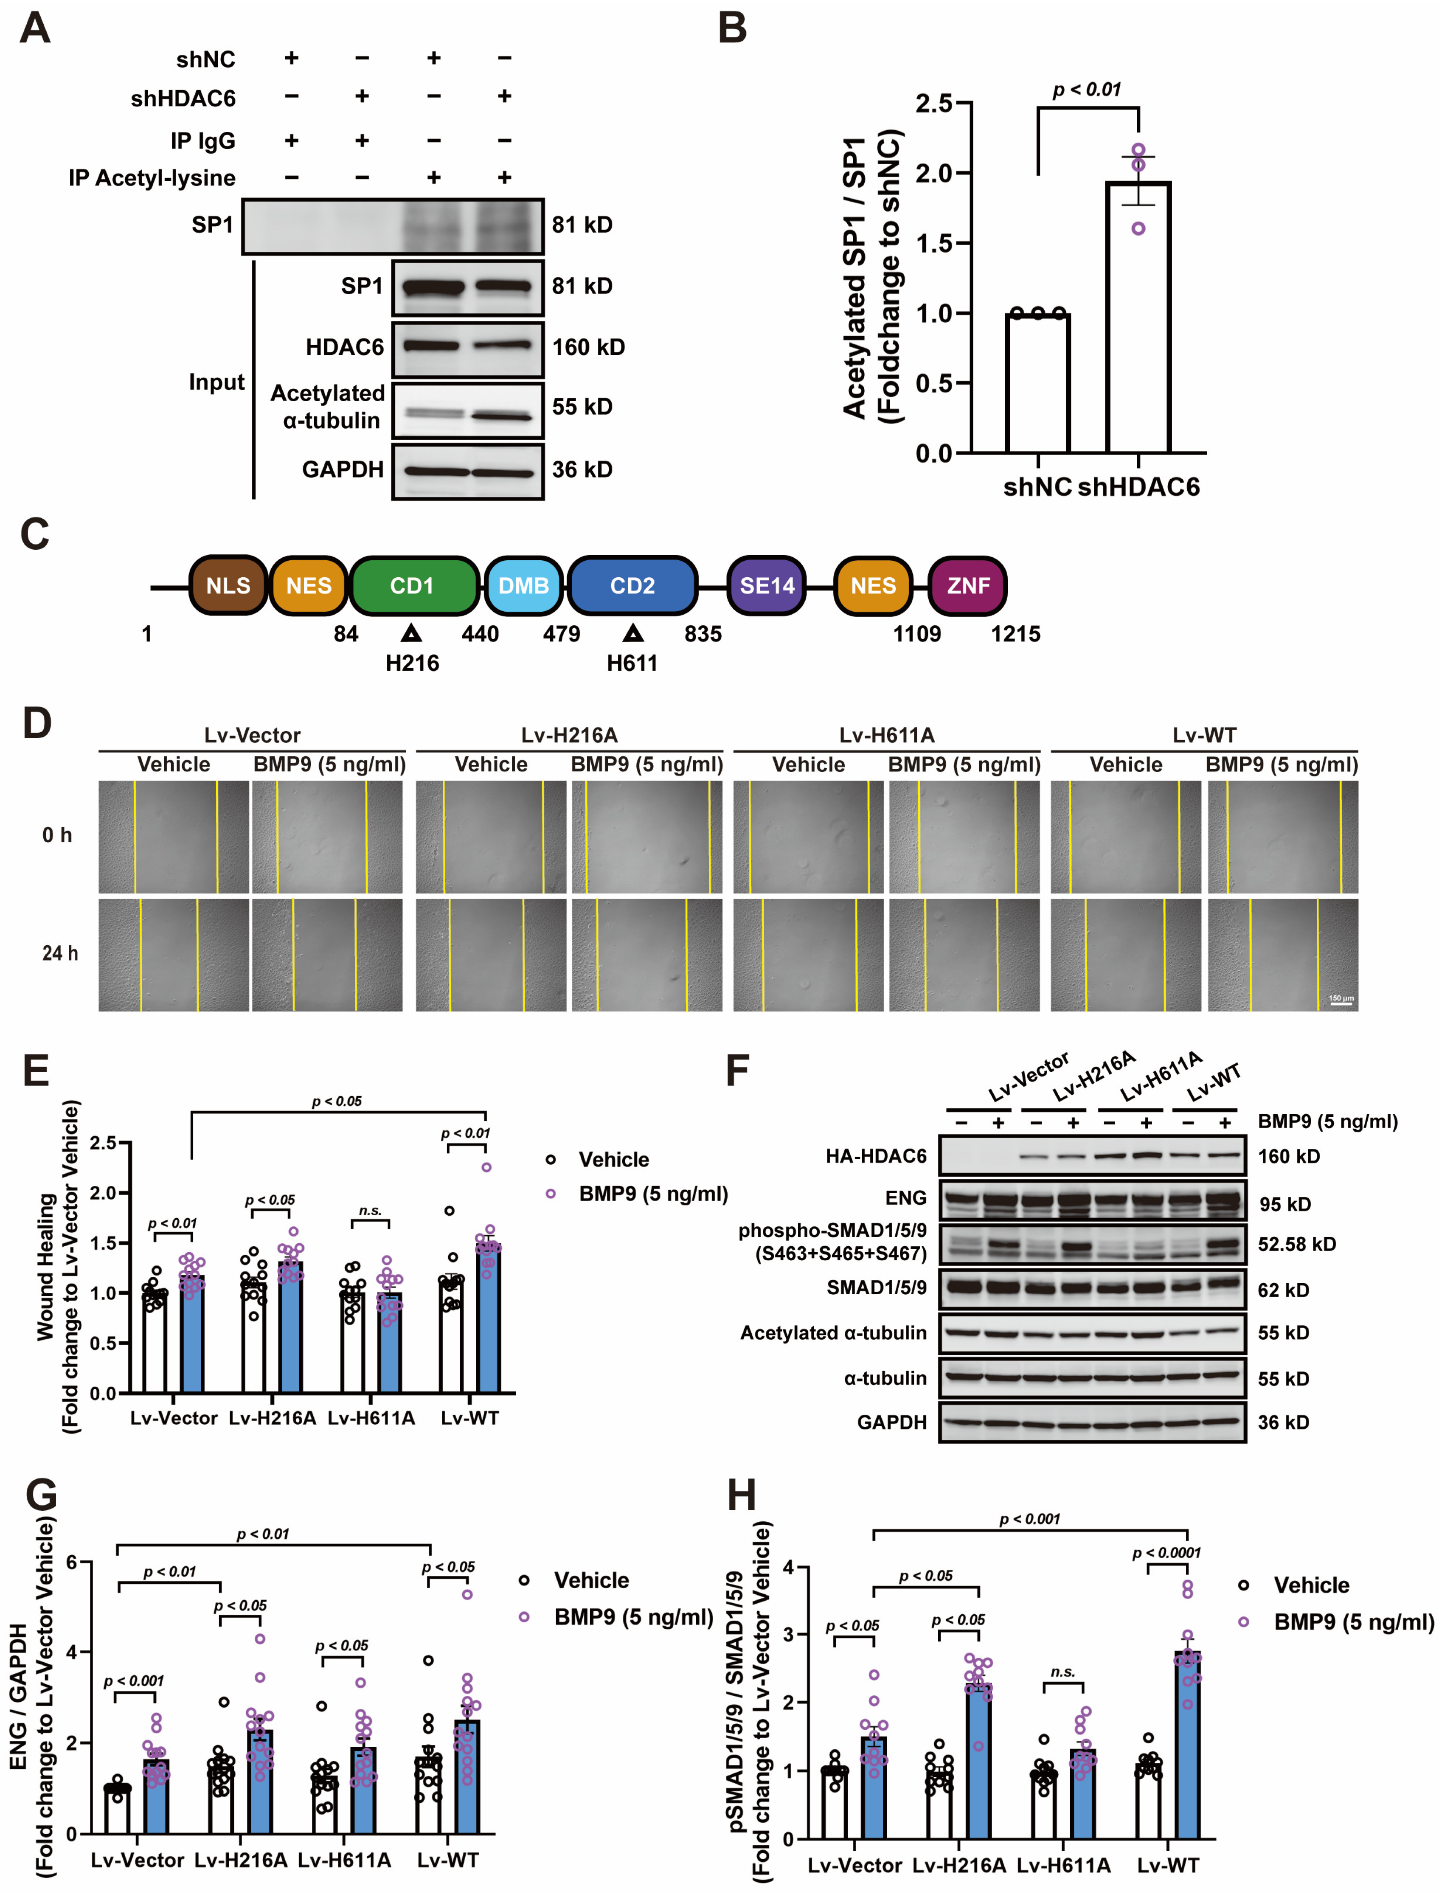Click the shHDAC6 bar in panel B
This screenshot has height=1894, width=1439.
1138,317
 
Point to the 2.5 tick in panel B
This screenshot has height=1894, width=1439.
933,104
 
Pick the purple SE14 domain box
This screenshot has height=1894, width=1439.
767,586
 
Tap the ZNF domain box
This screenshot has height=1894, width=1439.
968,586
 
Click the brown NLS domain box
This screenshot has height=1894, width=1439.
228,586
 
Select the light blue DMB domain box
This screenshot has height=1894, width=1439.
523,586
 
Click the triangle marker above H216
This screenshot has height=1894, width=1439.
412,633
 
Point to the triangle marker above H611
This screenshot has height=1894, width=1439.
633,633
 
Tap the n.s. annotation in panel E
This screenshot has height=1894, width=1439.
370,1211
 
